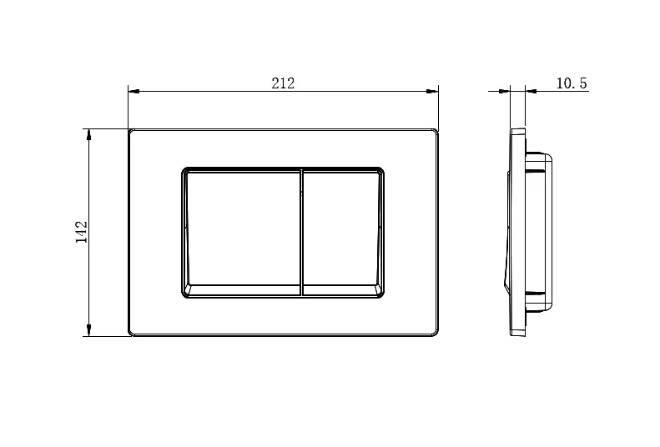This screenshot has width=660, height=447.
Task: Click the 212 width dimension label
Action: [283, 83]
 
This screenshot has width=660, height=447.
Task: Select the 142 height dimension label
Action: [81, 232]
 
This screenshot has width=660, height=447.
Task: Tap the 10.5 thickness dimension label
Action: [572, 83]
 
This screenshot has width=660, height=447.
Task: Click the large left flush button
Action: [243, 233]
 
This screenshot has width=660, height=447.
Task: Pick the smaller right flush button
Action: [343, 233]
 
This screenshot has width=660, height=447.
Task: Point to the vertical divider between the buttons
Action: [302, 233]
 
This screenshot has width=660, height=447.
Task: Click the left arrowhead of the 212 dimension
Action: [134, 91]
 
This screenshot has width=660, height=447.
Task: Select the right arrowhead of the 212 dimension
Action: [433, 91]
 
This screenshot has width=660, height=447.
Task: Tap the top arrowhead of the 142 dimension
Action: [88, 134]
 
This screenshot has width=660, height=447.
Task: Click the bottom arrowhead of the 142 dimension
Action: [88, 330]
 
